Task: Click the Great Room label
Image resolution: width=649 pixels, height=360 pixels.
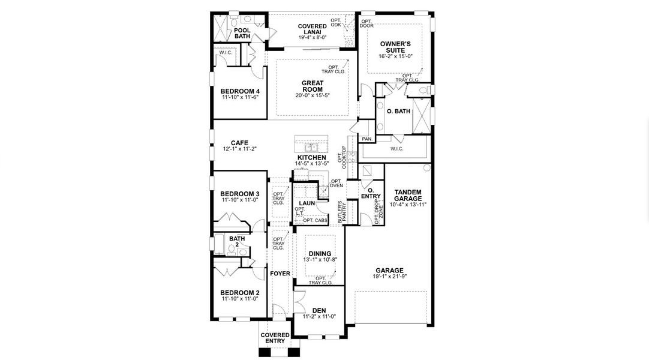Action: click(313, 86)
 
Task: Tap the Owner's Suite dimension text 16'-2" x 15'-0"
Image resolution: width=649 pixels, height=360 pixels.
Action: click(395, 56)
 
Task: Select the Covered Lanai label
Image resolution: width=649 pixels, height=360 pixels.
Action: click(313, 29)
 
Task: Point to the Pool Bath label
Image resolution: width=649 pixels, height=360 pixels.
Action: click(242, 33)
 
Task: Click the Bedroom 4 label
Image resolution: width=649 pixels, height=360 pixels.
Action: click(240, 91)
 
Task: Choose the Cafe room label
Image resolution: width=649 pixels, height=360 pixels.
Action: click(240, 143)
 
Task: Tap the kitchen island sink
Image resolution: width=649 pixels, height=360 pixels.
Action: click(311, 148)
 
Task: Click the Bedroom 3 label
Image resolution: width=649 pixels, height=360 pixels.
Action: click(240, 194)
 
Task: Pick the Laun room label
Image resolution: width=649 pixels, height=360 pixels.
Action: click(307, 203)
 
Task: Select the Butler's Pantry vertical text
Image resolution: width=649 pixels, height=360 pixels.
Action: click(342, 212)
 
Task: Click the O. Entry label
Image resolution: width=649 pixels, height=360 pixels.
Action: click(371, 193)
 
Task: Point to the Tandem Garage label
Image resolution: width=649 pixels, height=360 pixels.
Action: click(408, 196)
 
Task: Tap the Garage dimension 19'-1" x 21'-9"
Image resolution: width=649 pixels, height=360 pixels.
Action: click(389, 277)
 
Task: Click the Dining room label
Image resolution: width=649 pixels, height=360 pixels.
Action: click(320, 254)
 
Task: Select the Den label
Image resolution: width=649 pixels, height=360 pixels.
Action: click(319, 310)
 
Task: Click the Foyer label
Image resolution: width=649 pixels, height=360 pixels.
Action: click(280, 274)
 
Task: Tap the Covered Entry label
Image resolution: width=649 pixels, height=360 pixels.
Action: click(275, 338)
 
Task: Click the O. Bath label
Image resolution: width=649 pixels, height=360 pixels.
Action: click(398, 112)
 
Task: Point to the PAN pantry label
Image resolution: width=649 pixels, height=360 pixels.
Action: click(366, 139)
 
